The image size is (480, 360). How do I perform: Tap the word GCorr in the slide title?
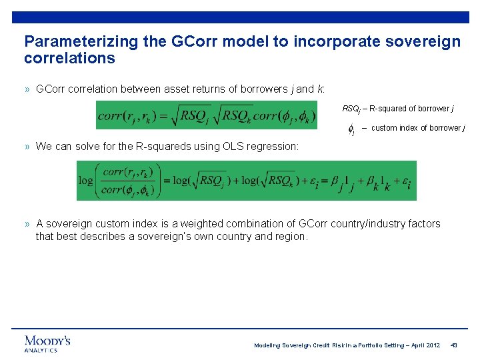(197, 41)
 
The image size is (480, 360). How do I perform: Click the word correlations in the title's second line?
(69, 58)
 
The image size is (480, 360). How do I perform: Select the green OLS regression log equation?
(246, 180)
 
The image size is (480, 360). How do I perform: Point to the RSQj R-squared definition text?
(399, 108)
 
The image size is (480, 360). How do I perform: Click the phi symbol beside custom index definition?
(351, 129)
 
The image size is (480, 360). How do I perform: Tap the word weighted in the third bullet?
(204, 224)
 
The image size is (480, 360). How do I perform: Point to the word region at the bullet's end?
(290, 236)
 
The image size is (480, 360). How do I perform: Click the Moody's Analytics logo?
(47, 343)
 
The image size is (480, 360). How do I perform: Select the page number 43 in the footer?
(454, 345)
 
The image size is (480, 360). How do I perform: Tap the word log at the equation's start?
(85, 181)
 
